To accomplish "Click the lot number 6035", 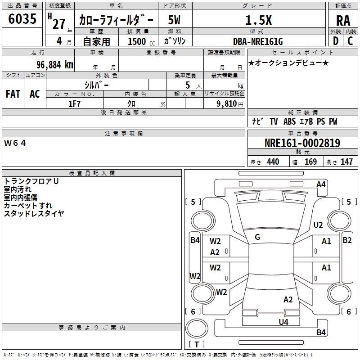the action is pos(22,19).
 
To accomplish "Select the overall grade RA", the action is pos(343,21).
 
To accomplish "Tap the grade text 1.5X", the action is pos(258,20).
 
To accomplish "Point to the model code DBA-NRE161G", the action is pos(258,41).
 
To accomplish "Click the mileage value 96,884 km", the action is pos(54,64).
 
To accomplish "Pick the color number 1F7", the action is pos(74,104).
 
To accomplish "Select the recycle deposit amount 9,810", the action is pos(227,103).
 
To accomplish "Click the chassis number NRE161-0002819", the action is pos(302,143).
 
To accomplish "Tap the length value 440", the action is pos(273,162).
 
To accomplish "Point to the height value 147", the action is pos(346,162).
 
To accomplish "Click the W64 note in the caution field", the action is pos(15,143).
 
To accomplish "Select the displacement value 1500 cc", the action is pos(141,41).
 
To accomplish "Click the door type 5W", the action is pos(174,20).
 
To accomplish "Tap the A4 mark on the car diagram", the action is pos(321,184).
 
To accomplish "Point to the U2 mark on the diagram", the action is pos(318,225).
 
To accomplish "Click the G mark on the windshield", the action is pos(257,237).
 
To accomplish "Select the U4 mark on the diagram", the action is pos(283,322).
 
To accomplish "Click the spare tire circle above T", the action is pos(197,328).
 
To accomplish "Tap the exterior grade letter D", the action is pos(336,41).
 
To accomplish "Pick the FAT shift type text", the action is pos(13,94).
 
